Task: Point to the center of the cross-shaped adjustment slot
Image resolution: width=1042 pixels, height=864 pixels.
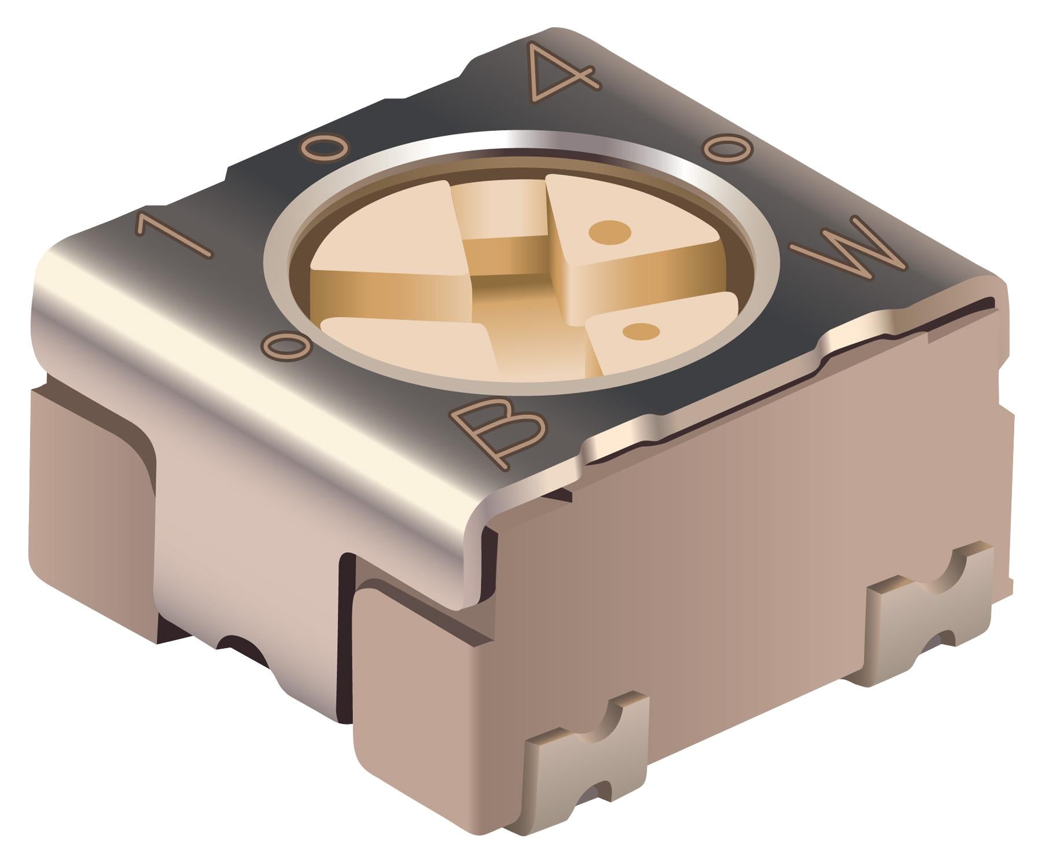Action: click(509, 284)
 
